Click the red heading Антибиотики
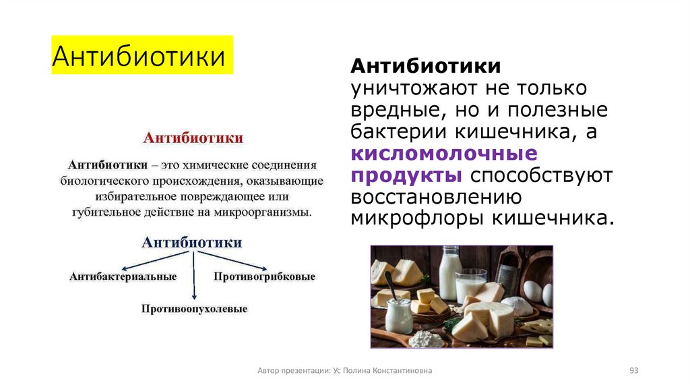[x=193, y=138]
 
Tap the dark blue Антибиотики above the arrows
[x=193, y=242]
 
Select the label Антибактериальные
[x=123, y=276]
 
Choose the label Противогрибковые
[x=264, y=276]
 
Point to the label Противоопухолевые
[x=194, y=309]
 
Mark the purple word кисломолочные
[x=443, y=153]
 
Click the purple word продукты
[x=406, y=175]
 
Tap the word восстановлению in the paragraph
[x=436, y=197]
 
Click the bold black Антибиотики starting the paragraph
[x=425, y=67]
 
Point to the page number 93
[x=633, y=371]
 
